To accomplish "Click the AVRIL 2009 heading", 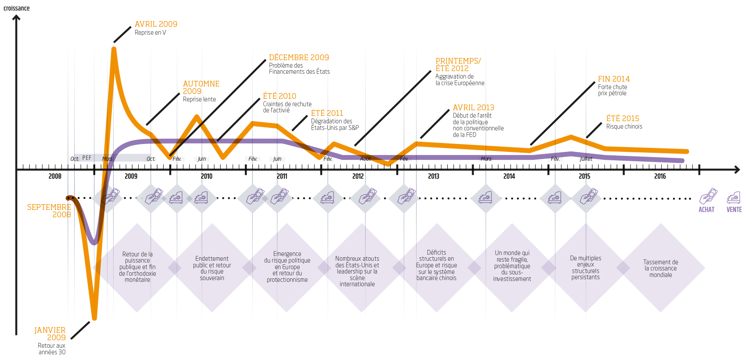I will coord(156,24).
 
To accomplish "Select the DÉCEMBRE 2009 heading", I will coord(298,58).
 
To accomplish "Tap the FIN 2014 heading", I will coord(613,79).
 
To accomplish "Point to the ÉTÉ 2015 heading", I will coord(622,119).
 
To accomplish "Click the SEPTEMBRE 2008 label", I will coord(49,211).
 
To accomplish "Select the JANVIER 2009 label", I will coord(50,334).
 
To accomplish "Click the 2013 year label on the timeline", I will coord(434,176).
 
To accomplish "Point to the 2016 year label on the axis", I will coord(660,176).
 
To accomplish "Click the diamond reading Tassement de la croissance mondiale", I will coord(660,268).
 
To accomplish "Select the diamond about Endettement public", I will coord(212,268).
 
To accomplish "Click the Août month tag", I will coord(366,159).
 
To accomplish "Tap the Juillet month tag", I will coord(586,159).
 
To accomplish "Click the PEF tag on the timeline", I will coord(87,158).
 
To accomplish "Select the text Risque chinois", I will coord(624,126).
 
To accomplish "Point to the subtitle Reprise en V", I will coord(151,32).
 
